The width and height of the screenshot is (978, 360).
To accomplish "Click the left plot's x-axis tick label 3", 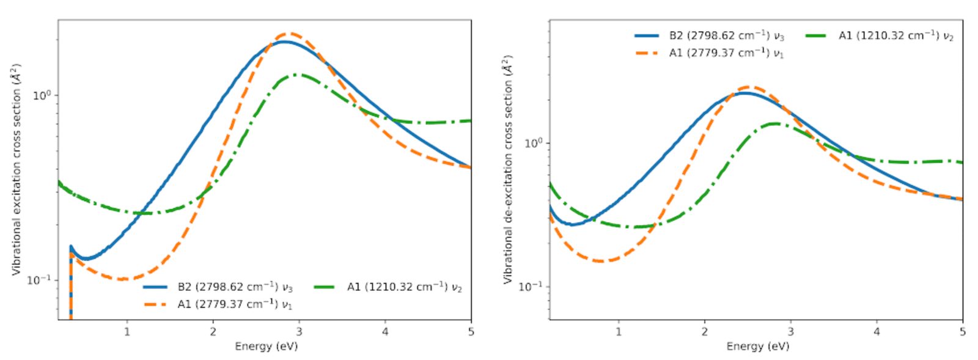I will pos(299,332).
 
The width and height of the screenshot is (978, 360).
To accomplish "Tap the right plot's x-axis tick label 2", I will pos(705,332).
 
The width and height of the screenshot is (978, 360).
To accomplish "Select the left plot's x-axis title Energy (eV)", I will pos(266,347).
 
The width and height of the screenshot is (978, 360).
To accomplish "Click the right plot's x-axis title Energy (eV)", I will pos(757,347).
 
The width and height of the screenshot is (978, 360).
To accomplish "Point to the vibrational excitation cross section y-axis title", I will pos(17,169).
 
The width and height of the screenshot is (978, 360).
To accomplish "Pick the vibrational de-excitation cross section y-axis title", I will pos(508,169).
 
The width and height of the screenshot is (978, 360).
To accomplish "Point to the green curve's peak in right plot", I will pos(774,123).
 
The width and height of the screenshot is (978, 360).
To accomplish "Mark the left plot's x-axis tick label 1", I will pos(127,332).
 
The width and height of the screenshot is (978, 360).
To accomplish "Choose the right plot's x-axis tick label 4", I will pos(877,332).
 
